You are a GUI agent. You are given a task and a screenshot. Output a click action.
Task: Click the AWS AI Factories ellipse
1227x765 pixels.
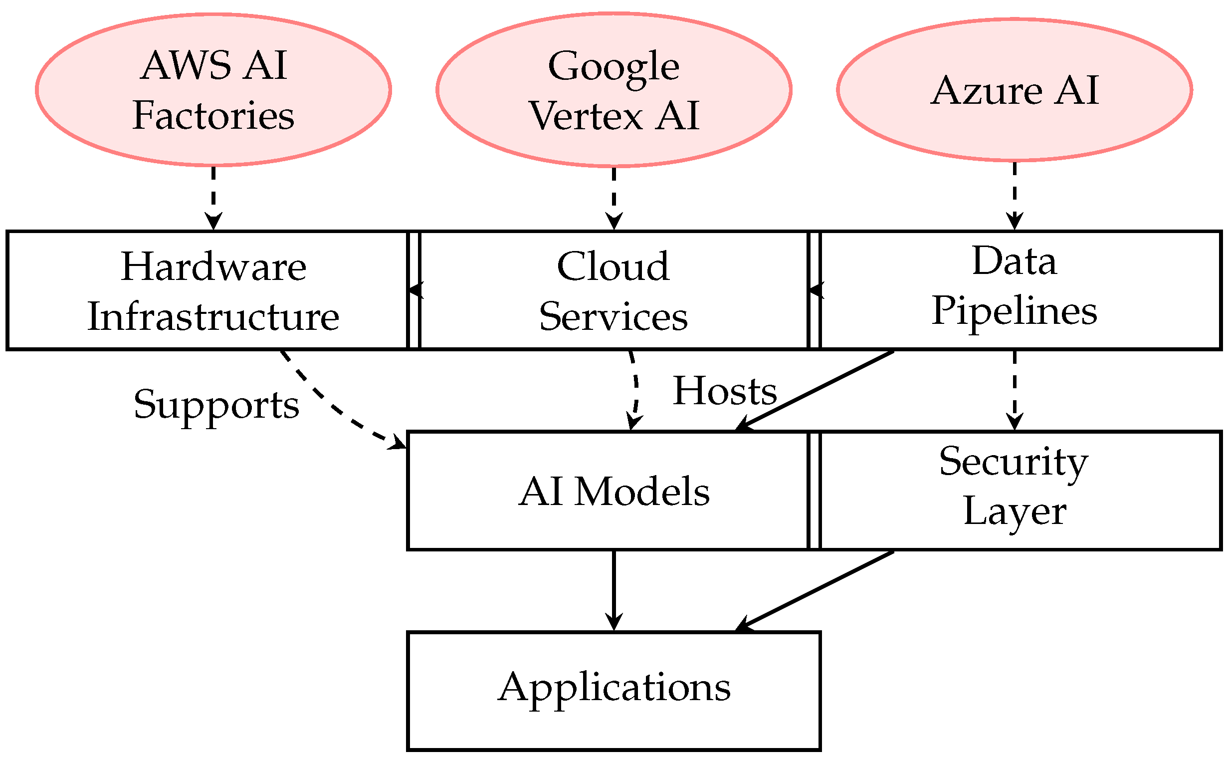click(213, 89)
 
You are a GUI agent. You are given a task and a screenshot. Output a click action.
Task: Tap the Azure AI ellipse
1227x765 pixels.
click(1014, 89)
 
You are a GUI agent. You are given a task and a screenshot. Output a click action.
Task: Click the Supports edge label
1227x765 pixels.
click(216, 405)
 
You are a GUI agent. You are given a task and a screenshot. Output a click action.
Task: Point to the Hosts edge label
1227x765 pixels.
click(724, 391)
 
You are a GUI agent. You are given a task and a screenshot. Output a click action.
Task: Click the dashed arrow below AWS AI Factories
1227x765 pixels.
click(213, 197)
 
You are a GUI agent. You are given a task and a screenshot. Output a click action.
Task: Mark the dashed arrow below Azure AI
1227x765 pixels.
click(1014, 195)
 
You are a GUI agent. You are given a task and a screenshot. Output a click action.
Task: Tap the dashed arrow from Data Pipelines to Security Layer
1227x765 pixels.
click(1014, 390)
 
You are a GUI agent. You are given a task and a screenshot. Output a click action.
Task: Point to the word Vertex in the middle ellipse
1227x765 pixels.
click(587, 116)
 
